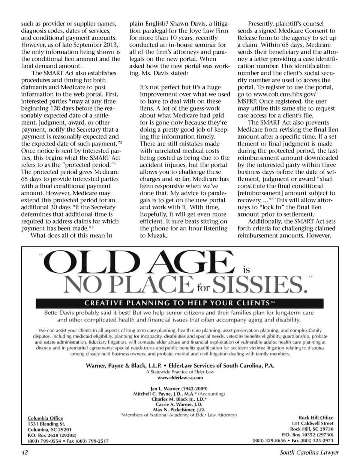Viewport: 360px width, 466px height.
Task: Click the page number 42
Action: coord(25,452)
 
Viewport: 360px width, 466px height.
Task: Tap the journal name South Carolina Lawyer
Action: coord(309,452)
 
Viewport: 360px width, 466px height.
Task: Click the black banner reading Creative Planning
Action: coord(179,303)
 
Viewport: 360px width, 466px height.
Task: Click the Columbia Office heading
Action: coord(45,418)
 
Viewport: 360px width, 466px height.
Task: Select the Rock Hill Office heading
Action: coord(316,417)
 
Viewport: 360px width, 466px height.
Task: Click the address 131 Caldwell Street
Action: coord(312,423)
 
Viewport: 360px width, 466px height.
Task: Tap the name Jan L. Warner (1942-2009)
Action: coord(179,388)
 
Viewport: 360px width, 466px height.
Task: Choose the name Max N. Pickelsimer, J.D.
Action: coord(179,410)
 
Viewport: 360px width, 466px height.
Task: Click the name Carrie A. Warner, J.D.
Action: coord(179,404)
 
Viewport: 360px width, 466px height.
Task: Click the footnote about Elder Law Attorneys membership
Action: coord(179,415)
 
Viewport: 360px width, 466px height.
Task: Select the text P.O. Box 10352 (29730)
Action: coord(307,434)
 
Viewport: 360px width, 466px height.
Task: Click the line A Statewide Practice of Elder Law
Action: coord(180,372)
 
